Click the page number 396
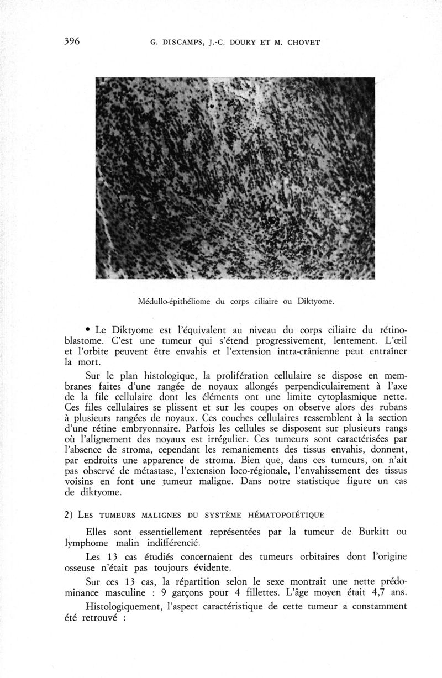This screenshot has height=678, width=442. coord(72,41)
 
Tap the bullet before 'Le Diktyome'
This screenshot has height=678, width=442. coord(88,329)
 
